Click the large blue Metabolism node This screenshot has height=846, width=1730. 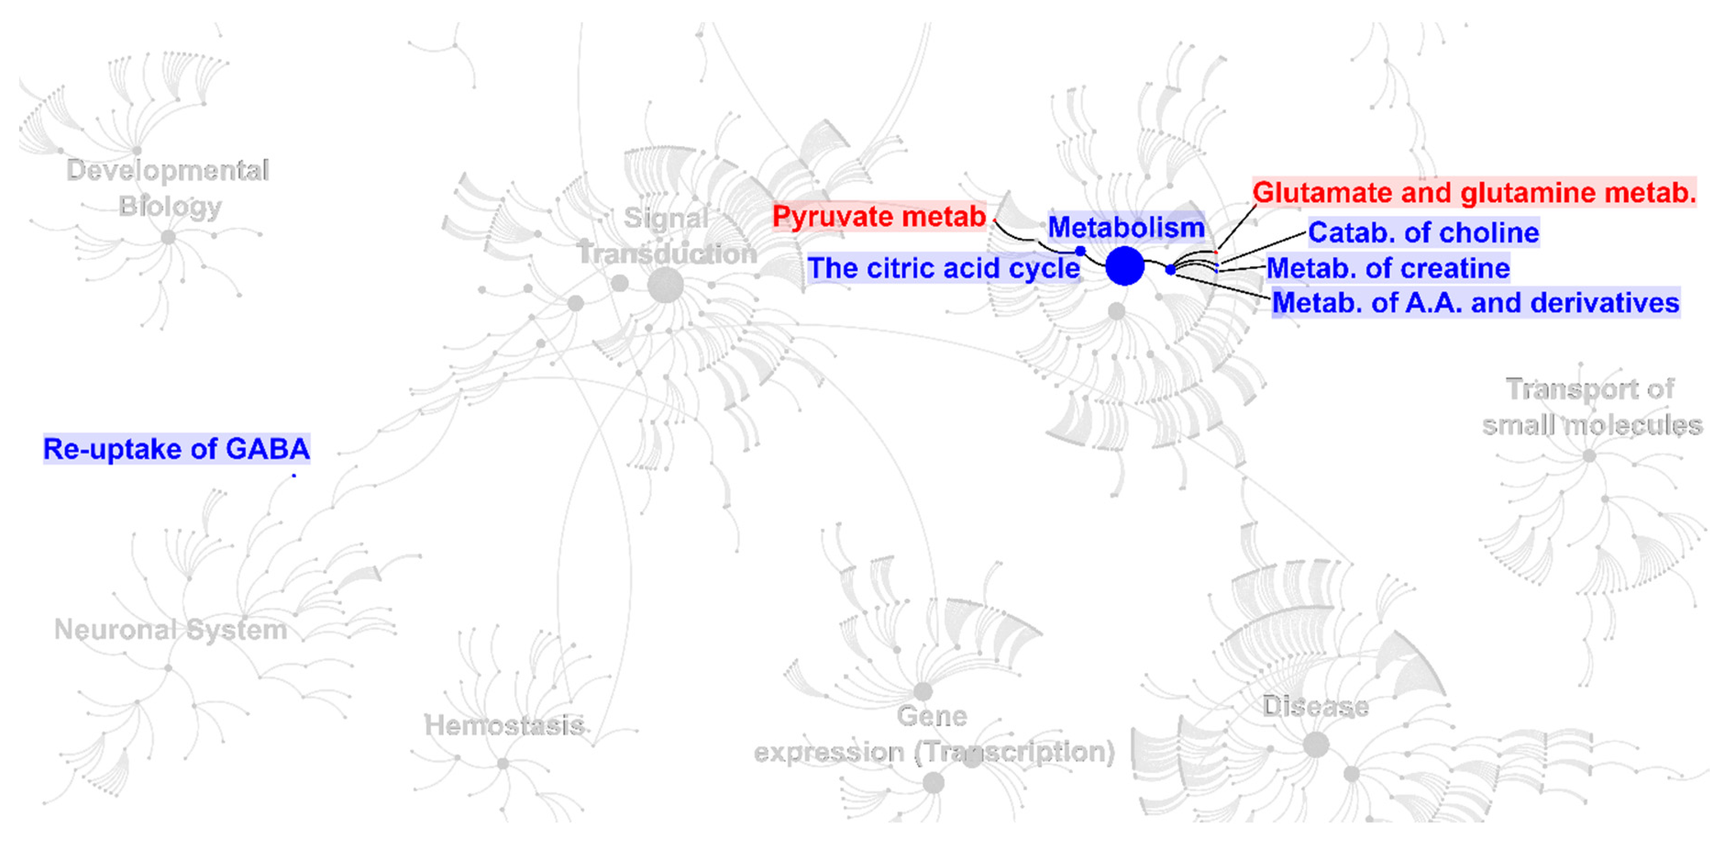1124,266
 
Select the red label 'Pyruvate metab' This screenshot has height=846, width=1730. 879,216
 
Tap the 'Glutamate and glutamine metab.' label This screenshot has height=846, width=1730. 1474,192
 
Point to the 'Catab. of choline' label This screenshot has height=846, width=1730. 1423,232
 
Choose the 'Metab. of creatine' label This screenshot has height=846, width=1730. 1387,268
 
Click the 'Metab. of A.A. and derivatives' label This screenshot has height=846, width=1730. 1476,303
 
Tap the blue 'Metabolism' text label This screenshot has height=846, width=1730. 1126,227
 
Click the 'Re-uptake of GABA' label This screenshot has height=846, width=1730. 176,449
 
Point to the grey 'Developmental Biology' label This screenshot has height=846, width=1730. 168,188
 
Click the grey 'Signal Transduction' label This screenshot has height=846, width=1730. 666,236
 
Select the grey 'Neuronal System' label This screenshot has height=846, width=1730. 171,629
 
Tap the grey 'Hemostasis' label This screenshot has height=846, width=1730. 504,725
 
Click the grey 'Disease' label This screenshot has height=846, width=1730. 1315,706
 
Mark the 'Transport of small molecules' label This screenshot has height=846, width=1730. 1592,407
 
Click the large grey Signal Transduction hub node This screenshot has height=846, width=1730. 665,286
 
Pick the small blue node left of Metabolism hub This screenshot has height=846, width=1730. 1080,251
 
